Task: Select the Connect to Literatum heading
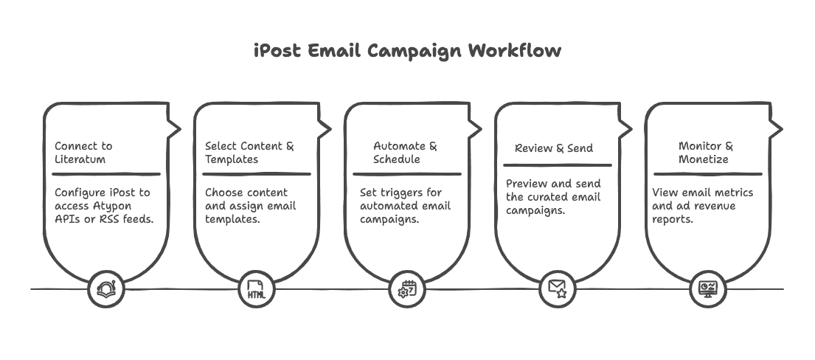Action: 83,153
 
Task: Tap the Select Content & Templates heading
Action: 249,153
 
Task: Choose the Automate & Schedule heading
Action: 405,153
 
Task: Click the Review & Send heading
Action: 554,148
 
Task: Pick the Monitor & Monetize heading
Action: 706,153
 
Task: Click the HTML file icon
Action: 256,289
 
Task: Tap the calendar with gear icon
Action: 406,288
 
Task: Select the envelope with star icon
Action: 557,288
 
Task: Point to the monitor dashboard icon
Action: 707,288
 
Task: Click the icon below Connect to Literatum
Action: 106,288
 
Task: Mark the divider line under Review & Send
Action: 557,165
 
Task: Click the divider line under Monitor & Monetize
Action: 707,174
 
